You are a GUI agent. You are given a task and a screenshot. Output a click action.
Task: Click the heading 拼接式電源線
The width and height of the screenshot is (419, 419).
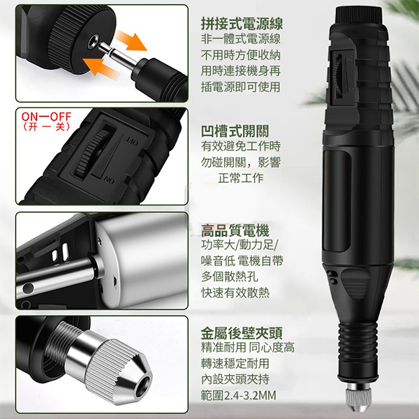[x=242, y=24]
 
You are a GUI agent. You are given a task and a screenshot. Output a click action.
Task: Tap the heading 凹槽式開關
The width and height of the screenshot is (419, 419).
[x=235, y=131]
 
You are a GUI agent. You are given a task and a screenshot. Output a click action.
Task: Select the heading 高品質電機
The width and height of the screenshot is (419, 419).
[x=235, y=231]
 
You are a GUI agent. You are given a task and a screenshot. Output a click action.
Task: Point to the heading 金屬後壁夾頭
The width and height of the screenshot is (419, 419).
[x=242, y=333]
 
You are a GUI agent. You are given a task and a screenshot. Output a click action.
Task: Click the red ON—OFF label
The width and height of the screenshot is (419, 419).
[x=47, y=117]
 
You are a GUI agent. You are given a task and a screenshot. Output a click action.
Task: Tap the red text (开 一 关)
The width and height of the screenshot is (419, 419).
[x=47, y=126]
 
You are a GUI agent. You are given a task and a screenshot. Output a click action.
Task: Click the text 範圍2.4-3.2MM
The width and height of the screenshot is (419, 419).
[x=238, y=395]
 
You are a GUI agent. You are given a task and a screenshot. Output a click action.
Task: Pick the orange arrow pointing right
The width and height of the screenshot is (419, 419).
[x=131, y=40]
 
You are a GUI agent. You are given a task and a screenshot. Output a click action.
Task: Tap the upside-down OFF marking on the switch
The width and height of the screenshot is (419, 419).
[x=132, y=142]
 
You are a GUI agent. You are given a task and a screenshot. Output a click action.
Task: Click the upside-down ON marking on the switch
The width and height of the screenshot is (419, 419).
[x=110, y=181]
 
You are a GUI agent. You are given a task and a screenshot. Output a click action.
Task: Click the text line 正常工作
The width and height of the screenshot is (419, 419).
[x=241, y=177]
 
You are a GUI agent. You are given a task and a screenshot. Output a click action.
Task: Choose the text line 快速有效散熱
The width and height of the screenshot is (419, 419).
[x=235, y=293]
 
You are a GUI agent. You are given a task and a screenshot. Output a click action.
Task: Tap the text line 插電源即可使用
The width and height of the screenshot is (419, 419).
[x=240, y=87]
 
